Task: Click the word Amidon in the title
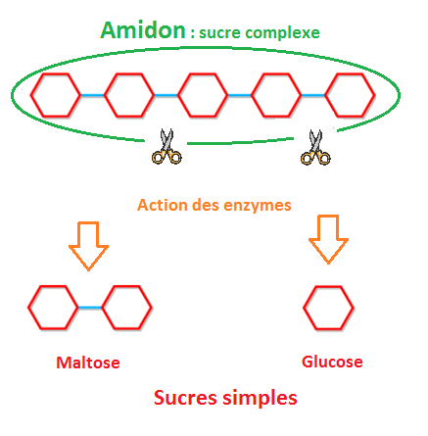click(143, 30)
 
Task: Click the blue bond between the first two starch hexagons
click(92, 95)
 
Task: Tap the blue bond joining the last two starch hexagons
click(313, 95)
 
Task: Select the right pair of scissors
click(315, 147)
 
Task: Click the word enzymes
click(258, 206)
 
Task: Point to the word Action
click(163, 205)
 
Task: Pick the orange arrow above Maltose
click(88, 246)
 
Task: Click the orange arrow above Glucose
click(328, 239)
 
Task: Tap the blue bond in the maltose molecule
click(90, 308)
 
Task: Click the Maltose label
click(88, 363)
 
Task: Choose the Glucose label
click(332, 362)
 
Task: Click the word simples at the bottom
click(260, 399)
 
